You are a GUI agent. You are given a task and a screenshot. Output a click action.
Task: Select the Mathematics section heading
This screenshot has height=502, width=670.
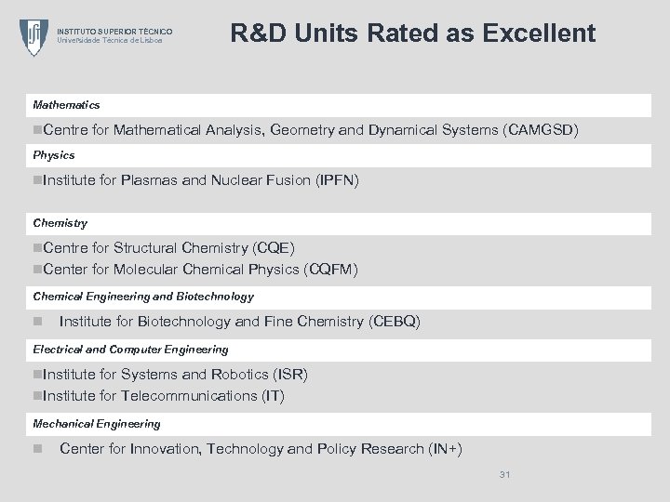(x=66, y=105)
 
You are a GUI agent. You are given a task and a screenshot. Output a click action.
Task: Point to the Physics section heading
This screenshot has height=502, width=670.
(x=54, y=154)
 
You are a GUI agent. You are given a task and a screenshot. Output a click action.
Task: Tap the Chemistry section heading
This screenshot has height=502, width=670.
(x=60, y=223)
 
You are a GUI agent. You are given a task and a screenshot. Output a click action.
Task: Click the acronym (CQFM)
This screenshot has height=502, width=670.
(x=331, y=270)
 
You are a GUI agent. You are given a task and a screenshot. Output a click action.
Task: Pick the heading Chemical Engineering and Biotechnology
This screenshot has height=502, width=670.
(x=143, y=297)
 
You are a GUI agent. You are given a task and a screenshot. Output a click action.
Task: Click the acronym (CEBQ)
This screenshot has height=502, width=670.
(x=395, y=322)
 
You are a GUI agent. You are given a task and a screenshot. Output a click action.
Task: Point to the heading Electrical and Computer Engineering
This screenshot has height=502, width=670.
(x=130, y=349)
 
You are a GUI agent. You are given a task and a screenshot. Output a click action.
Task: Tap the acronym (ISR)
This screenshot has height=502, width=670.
(x=290, y=374)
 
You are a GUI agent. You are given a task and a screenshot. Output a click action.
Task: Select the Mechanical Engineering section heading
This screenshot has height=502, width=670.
(x=97, y=423)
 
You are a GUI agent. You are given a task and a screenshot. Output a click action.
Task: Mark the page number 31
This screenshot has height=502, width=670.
(x=504, y=475)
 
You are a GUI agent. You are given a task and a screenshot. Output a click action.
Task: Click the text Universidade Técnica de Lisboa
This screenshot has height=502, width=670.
(x=110, y=40)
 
